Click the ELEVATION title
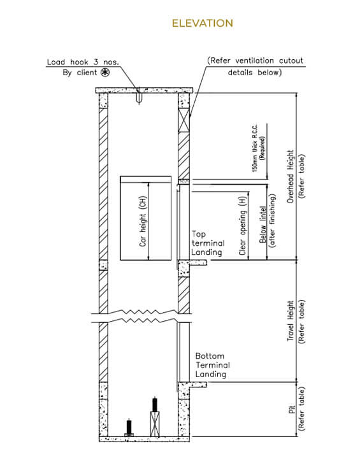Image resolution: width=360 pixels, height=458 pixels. pos(202,24)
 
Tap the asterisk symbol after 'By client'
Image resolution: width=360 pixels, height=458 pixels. pos(105,72)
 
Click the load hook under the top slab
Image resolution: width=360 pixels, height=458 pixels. pos(140,98)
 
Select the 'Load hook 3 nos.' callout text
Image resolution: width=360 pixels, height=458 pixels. pos(83,62)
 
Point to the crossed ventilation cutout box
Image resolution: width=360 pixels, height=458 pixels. pos(184,120)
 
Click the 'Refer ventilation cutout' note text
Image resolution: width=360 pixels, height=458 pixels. pos(255,61)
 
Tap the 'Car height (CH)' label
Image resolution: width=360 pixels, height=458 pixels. pos(143,221)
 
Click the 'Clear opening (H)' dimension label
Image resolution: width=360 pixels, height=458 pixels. pos(243,225)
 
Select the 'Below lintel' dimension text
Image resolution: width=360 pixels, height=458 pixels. pos(263,224)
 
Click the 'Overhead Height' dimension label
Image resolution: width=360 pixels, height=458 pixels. pos(290,176)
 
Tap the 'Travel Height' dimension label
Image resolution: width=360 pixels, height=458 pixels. pos(290,320)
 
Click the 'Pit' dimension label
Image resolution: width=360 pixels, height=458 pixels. pos(292,409)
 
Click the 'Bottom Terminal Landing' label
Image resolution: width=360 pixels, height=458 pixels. pos(213,365)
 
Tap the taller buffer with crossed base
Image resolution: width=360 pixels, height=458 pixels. pos(155,417)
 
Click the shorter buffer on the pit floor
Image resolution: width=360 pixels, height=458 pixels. pos(129,427)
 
